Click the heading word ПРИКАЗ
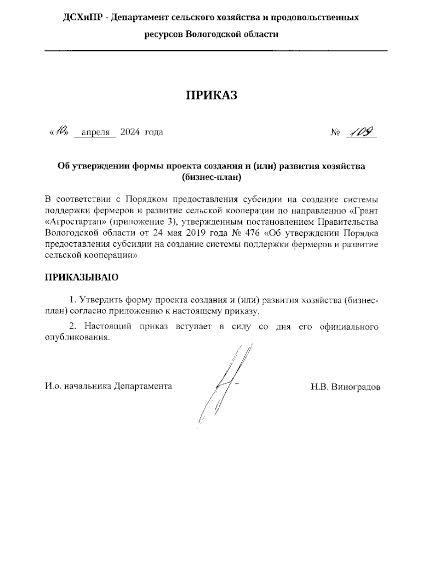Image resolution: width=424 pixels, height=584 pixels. click(x=212, y=95)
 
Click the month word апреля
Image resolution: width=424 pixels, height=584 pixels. click(x=95, y=133)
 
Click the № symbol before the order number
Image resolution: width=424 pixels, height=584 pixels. click(x=335, y=133)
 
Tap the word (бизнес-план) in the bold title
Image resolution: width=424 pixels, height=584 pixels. click(x=212, y=177)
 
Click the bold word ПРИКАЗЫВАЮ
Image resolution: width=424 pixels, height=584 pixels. click(x=82, y=277)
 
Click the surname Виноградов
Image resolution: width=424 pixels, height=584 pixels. click(x=356, y=387)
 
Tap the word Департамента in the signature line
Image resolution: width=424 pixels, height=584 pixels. click(x=143, y=386)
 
